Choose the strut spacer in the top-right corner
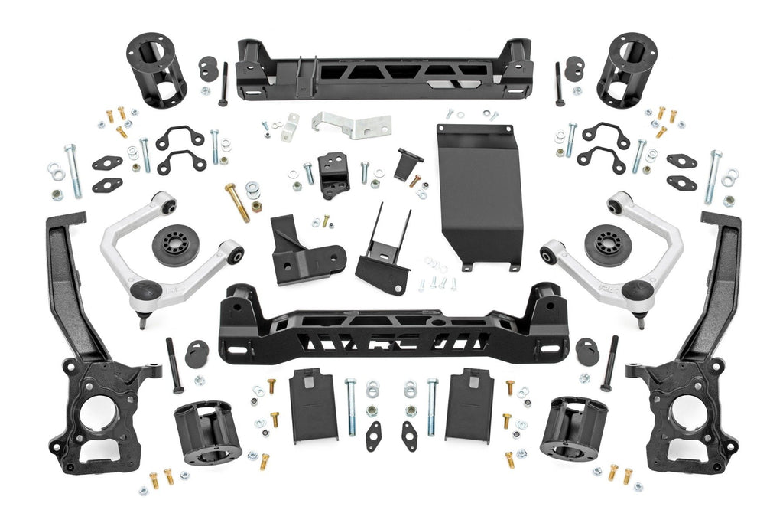[627, 70]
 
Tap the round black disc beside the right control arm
[608, 245]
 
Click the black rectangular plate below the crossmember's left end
[314, 407]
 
